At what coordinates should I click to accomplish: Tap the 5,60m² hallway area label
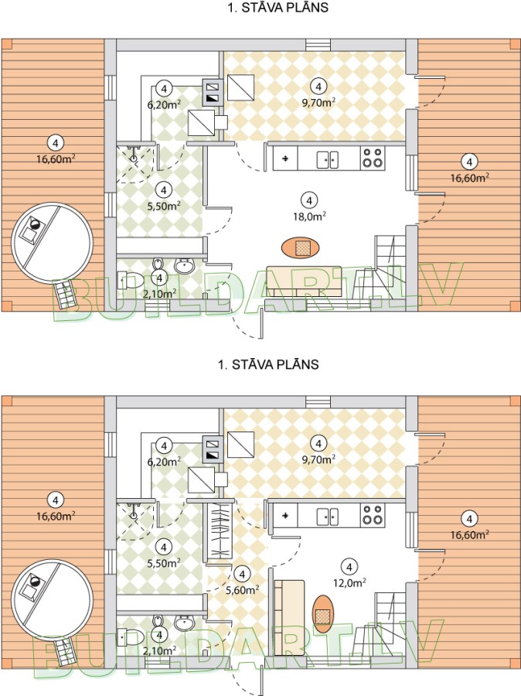tap(243, 589)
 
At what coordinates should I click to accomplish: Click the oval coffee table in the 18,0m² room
tap(302, 247)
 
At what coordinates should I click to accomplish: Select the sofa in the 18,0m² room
tap(304, 280)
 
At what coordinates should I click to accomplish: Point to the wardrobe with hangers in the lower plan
tap(220, 534)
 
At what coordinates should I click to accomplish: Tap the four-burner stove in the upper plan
tap(373, 159)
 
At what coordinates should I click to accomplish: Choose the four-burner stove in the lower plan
tap(373, 515)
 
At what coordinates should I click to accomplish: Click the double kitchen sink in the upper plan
tap(329, 159)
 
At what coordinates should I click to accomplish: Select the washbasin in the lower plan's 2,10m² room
tap(184, 623)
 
